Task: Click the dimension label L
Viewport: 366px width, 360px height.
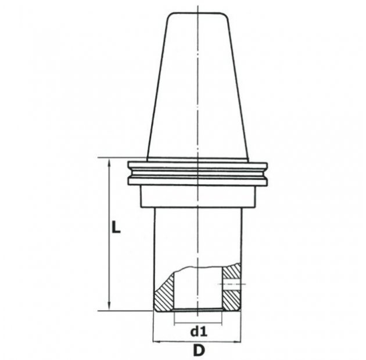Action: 116,227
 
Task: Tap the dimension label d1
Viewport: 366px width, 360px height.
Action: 199,332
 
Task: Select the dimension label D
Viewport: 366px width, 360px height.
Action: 199,350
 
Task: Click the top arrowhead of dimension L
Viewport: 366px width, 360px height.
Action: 109,163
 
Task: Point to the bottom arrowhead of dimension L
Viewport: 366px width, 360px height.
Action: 109,306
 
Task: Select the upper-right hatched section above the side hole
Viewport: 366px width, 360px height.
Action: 232,271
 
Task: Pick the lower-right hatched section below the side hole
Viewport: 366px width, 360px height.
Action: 232,300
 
